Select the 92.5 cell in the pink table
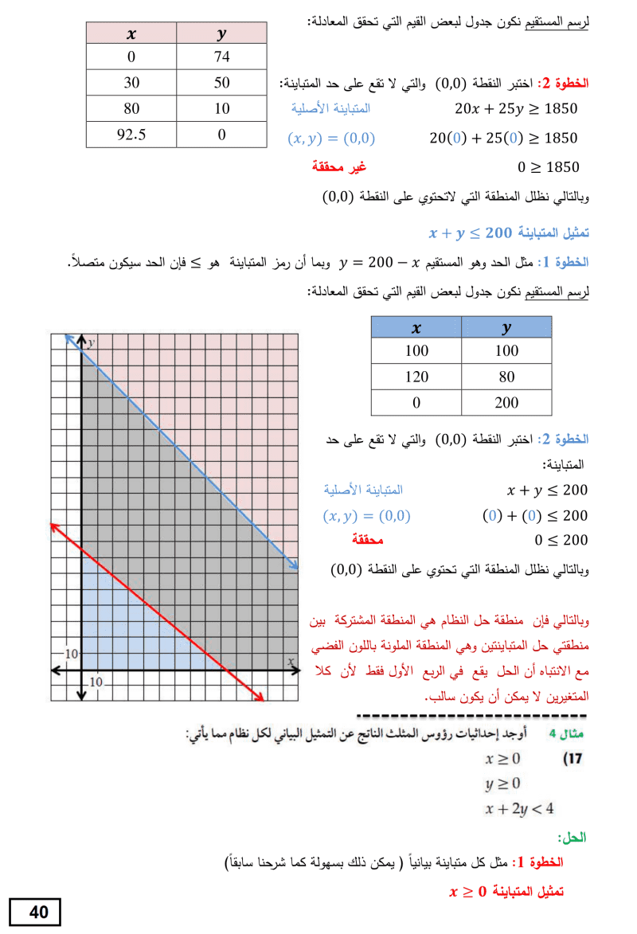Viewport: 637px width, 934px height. tap(131, 134)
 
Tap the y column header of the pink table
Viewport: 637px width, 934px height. tap(221, 33)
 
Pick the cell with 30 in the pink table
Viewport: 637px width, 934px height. tap(131, 82)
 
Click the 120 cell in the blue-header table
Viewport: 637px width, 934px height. tap(416, 377)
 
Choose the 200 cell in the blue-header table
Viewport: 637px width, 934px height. tap(506, 403)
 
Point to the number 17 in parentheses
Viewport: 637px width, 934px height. tap(573, 759)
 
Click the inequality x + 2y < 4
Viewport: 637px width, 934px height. tap(519, 809)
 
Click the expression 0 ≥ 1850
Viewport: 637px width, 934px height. tap(548, 167)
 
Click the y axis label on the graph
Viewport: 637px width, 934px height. tap(92, 342)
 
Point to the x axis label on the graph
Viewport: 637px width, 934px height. tap(291, 661)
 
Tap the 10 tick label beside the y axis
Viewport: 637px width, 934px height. tap(71, 654)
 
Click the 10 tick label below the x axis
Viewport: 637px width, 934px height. tap(96, 682)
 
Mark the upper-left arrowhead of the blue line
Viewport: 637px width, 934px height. tap(68, 338)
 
